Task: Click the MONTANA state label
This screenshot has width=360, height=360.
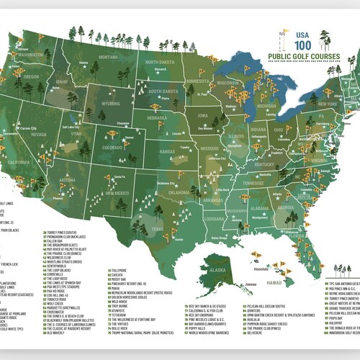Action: point(109,57)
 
